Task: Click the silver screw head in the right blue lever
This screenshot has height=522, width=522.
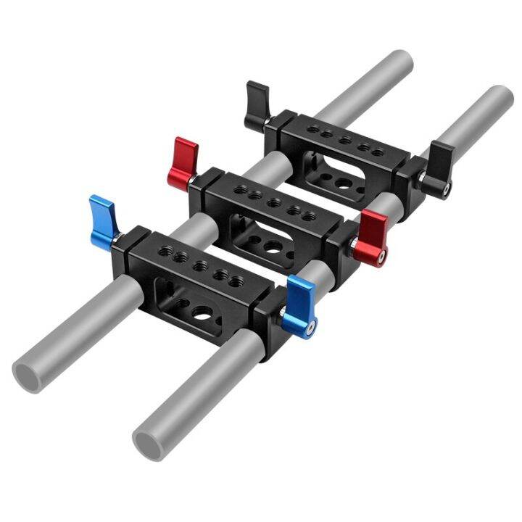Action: click(310, 329)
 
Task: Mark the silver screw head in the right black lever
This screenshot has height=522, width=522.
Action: click(445, 191)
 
